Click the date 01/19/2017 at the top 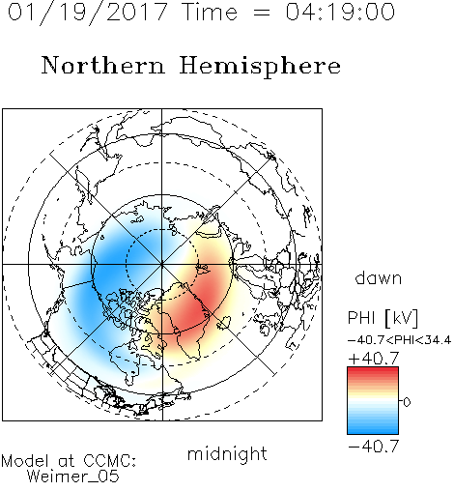pyautogui.click(x=88, y=13)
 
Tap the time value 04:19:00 pyautogui.click(x=340, y=12)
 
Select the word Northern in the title pyautogui.click(x=103, y=65)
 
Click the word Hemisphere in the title pyautogui.click(x=260, y=67)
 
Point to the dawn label pyautogui.click(x=379, y=277)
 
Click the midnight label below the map pyautogui.click(x=227, y=454)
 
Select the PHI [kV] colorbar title pyautogui.click(x=383, y=318)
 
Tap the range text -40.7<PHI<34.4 pyautogui.click(x=399, y=340)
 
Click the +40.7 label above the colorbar pyautogui.click(x=374, y=359)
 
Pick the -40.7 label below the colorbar pyautogui.click(x=374, y=447)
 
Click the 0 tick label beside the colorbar pyautogui.click(x=407, y=402)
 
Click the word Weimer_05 pyautogui.click(x=73, y=477)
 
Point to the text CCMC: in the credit pyautogui.click(x=110, y=461)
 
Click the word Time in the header pyautogui.click(x=210, y=12)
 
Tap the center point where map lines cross pyautogui.click(x=161, y=264)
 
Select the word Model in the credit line pyautogui.click(x=25, y=461)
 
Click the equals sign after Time pyautogui.click(x=262, y=14)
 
